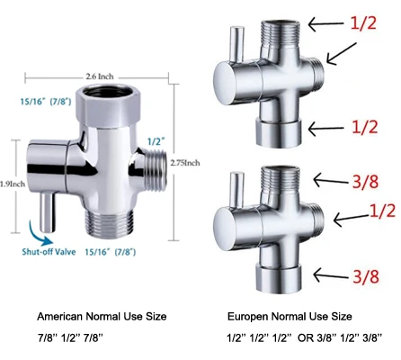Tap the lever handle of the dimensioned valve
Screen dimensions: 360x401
(48, 202)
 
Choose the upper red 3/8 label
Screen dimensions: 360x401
(369, 182)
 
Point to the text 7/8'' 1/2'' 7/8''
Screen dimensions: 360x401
(73, 339)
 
